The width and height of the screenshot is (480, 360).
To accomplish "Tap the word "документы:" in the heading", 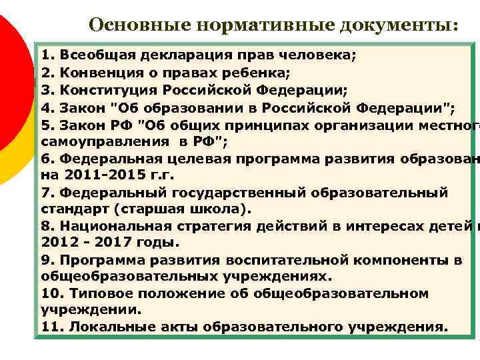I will (399, 25).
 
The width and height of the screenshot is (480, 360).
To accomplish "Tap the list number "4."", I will (47, 107).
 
